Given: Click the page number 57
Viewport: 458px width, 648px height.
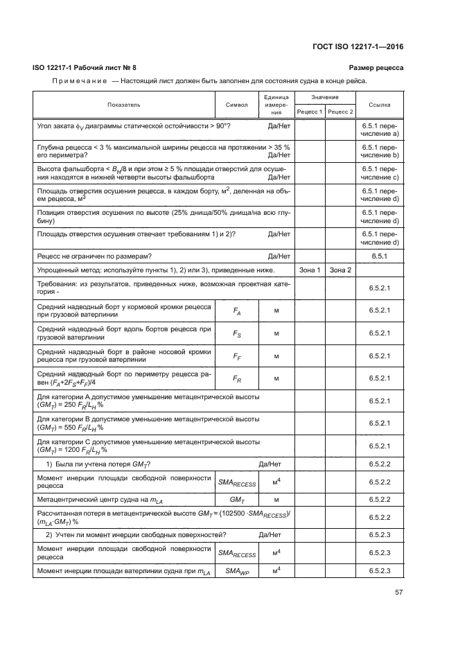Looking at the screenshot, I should (x=398, y=593).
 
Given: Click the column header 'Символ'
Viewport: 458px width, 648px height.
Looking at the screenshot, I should (x=237, y=105).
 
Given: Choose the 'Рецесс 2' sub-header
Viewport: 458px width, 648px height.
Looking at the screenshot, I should (x=340, y=111).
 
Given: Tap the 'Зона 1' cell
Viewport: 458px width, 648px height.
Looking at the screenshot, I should (x=309, y=270).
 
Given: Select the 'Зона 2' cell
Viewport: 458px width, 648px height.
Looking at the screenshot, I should (x=340, y=270).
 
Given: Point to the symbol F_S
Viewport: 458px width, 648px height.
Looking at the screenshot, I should (x=237, y=333).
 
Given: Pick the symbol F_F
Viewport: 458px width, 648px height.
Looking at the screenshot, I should (x=237, y=356).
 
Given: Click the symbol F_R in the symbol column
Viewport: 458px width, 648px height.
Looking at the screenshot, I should (x=237, y=378).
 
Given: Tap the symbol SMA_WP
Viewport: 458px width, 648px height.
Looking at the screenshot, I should (x=237, y=570).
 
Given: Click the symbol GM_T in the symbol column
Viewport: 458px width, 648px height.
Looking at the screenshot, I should (x=237, y=498).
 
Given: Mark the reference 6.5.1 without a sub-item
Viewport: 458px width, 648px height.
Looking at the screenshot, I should (x=380, y=256).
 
